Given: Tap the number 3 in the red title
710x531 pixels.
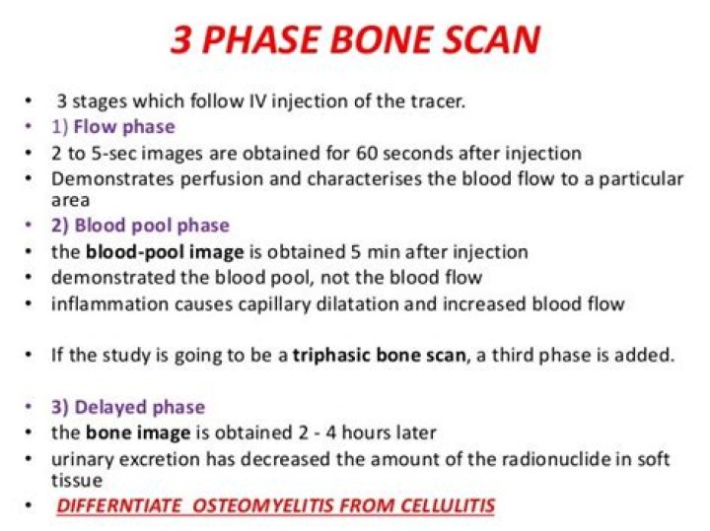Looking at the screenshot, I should pyautogui.click(x=182, y=39).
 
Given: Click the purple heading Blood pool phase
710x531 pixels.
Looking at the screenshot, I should pyautogui.click(x=150, y=226).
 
